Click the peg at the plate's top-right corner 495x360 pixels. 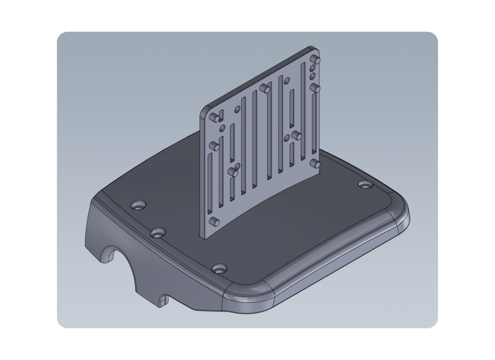click(316, 60)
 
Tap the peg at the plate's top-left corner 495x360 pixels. click(215, 118)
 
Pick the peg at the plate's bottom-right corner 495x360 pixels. click(315, 164)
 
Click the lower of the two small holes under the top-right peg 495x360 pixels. click(313, 76)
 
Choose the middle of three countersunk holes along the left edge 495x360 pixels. click(158, 232)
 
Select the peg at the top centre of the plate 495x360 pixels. click(265, 88)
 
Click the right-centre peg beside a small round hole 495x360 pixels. click(296, 136)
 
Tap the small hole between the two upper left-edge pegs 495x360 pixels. click(222, 129)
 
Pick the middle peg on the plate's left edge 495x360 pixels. click(214, 146)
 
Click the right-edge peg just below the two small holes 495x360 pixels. click(316, 88)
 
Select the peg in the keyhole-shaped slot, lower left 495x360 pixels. click(233, 172)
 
